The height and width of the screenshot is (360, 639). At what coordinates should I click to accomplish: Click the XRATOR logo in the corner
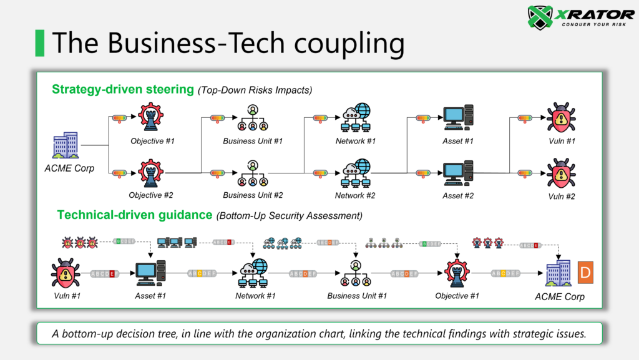580,17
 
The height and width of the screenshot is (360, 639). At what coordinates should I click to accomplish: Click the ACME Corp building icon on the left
66,145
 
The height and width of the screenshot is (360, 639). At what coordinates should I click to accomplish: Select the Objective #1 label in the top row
152,141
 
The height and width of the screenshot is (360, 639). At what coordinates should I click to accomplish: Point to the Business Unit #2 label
253,195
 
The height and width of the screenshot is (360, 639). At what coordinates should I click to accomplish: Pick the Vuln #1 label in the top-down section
562,141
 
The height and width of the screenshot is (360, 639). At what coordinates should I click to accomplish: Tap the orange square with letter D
585,273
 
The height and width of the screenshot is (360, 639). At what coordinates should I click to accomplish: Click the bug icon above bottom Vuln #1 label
66,273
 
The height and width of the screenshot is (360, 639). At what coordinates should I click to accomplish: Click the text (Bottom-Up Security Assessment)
289,216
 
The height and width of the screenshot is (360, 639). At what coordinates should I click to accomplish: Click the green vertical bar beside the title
39,42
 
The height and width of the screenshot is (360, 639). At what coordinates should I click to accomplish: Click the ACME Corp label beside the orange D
560,296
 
